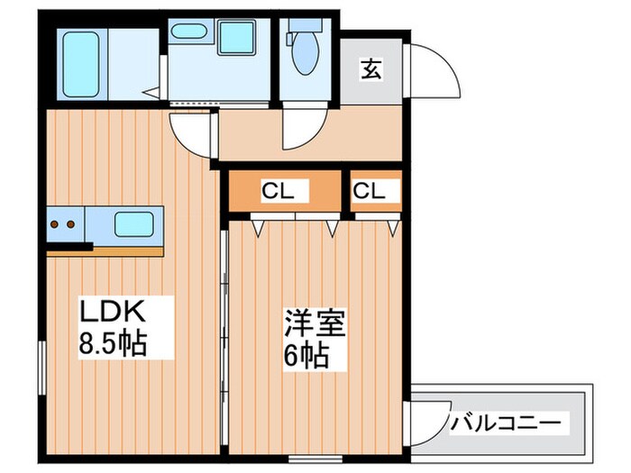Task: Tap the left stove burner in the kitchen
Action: click(x=56, y=223)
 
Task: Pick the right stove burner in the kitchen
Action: click(x=71, y=223)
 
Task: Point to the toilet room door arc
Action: click(x=298, y=132)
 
